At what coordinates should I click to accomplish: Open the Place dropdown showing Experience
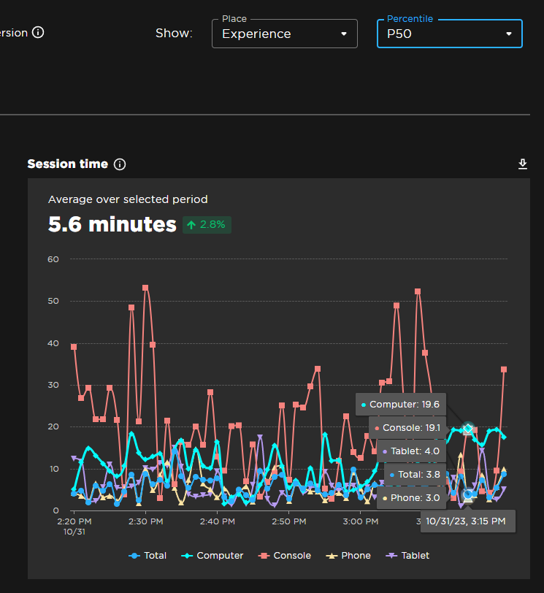click(x=284, y=34)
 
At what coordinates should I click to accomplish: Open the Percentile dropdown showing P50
click(x=449, y=34)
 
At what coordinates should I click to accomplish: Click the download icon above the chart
click(x=523, y=164)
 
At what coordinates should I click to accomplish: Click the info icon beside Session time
click(x=120, y=164)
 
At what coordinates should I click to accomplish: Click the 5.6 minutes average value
click(x=112, y=224)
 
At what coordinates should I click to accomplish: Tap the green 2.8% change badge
click(x=207, y=224)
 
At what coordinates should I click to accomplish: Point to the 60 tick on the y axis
click(x=53, y=259)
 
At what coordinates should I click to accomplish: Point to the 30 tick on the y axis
click(x=53, y=385)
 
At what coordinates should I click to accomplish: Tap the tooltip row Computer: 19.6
click(x=401, y=404)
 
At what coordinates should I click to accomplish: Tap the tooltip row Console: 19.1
click(x=407, y=428)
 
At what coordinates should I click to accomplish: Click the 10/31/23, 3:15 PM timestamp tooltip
click(x=467, y=521)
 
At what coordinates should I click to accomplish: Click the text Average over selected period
click(x=128, y=199)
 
